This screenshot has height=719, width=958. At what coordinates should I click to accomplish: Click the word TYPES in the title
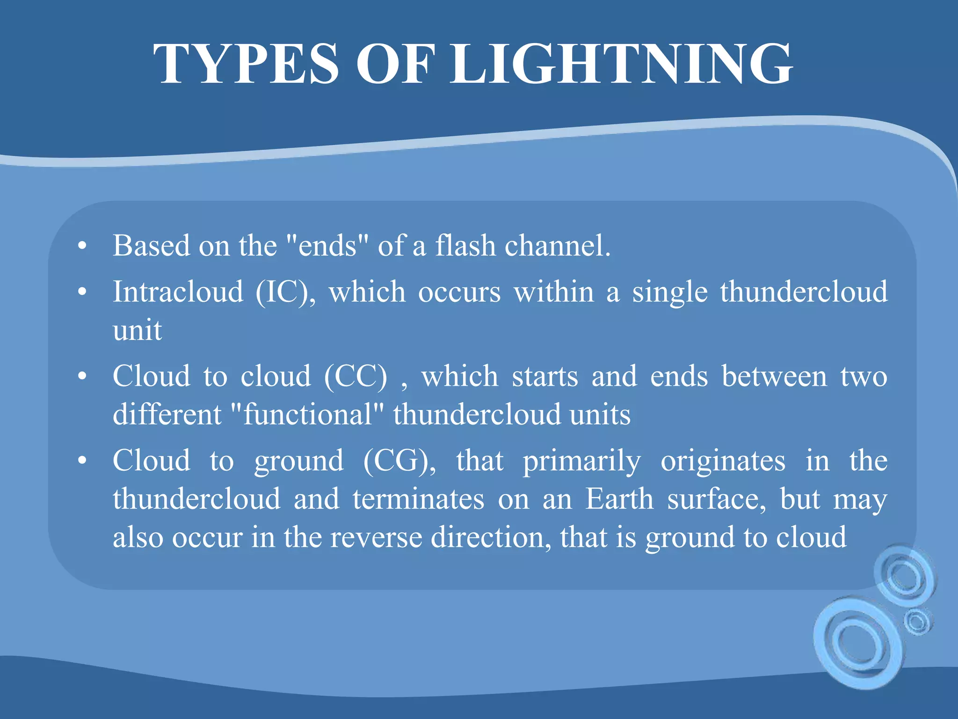click(246, 64)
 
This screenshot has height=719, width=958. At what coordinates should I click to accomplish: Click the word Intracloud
click(178, 292)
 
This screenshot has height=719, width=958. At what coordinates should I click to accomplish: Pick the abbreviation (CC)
click(356, 376)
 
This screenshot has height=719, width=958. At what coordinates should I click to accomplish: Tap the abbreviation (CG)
click(399, 461)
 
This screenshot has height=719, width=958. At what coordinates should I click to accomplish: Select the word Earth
click(619, 499)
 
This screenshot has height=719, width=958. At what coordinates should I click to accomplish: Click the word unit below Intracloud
click(137, 330)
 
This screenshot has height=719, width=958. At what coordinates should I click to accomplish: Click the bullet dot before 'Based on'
click(82, 246)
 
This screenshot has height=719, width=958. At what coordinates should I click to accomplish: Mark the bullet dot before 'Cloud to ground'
click(82, 461)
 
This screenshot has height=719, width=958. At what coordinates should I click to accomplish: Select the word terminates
click(418, 499)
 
